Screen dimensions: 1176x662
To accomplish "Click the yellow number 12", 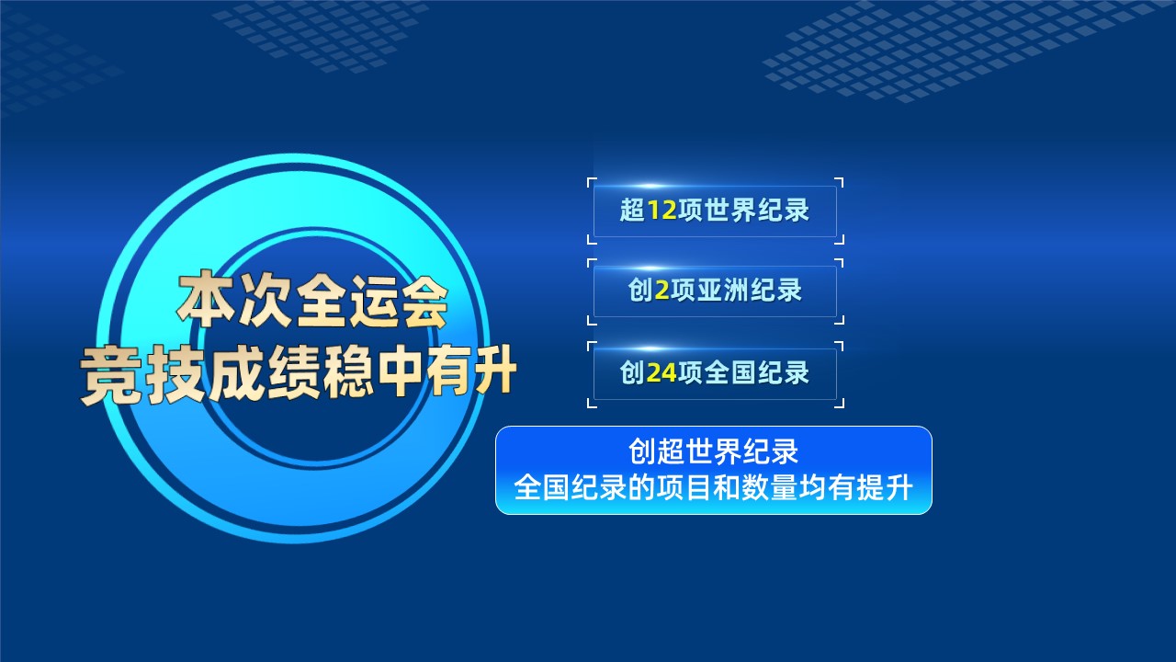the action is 661,211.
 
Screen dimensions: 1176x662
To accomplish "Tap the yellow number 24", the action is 661,372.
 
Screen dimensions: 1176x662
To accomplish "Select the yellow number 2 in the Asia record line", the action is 662,291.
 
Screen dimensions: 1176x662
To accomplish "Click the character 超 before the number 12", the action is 633,211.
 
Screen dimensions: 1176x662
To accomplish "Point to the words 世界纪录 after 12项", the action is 757,211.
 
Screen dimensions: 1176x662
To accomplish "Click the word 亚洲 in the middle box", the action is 724,291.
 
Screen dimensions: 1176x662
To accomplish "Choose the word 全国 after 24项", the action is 730,372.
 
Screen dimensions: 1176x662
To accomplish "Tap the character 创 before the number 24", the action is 633,372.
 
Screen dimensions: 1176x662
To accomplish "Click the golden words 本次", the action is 233,300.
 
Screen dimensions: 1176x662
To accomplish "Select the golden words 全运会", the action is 372,301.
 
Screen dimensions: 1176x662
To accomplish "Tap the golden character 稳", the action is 349,372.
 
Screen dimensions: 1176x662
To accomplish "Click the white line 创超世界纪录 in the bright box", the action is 714,451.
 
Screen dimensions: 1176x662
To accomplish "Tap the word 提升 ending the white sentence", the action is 885,487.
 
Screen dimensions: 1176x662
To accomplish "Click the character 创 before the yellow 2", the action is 640,291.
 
